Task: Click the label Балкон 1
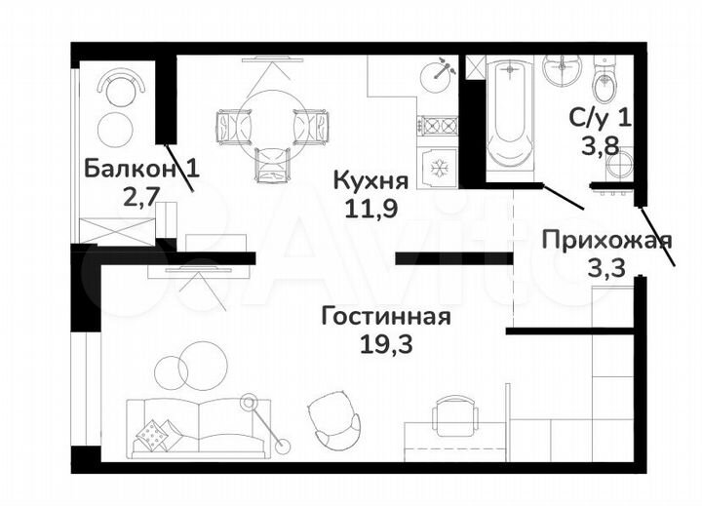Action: [141, 168]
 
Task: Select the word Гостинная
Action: [385, 317]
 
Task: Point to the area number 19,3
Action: [385, 342]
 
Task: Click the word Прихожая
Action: [593, 241]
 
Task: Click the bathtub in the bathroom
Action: [508, 117]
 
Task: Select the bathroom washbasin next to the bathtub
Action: [559, 72]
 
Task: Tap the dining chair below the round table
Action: [272, 164]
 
